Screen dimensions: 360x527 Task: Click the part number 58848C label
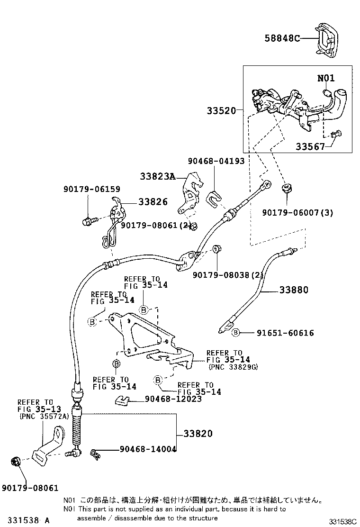tap(282, 38)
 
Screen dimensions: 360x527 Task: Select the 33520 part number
tap(221, 110)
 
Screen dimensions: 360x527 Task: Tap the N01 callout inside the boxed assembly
tap(326, 78)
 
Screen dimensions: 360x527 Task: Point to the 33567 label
tap(310, 146)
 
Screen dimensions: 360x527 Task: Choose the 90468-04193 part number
tap(216, 161)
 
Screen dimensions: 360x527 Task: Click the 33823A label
tap(157, 176)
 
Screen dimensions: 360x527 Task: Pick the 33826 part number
tap(153, 202)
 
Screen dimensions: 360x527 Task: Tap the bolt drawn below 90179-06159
tap(89, 221)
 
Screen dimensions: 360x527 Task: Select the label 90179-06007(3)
tap(297, 212)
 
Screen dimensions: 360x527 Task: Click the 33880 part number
tap(294, 290)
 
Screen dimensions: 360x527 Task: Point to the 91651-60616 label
tap(286, 333)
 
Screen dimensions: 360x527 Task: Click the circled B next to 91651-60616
tap(236, 332)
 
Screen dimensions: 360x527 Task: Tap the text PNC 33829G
tap(233, 367)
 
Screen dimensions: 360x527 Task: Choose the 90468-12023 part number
tap(173, 399)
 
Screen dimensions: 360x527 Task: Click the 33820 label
tap(198, 434)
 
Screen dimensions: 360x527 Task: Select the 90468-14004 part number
tap(148, 449)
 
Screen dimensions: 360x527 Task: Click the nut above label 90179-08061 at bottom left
tap(15, 462)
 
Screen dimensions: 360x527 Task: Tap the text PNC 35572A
tap(44, 417)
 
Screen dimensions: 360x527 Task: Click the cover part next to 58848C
tap(327, 39)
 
